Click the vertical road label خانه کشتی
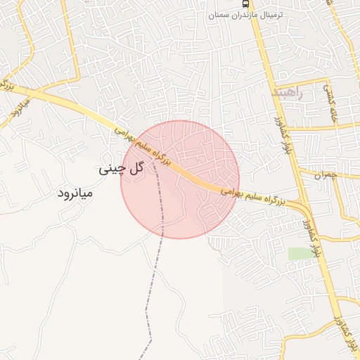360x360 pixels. click(330, 104)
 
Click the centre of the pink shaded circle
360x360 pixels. click(180, 179)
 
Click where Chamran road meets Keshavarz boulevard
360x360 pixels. click(298, 169)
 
